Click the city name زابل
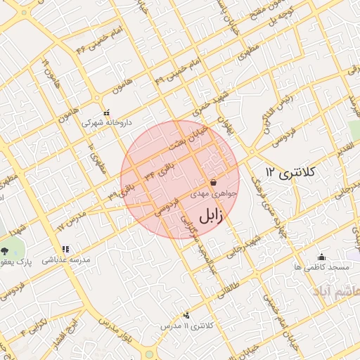coord(210,216)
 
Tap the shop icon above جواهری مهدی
coord(213,182)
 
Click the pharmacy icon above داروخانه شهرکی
coord(107,112)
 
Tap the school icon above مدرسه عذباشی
coord(65,249)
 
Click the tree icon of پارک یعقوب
coord(5,250)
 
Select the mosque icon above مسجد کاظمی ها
coord(322,257)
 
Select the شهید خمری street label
coord(213,104)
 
